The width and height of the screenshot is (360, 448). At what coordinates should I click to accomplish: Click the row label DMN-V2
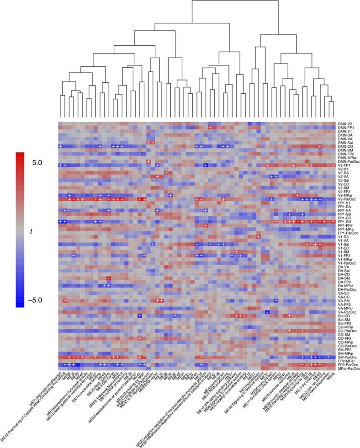345,124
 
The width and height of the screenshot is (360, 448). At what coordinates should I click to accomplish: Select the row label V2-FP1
345,165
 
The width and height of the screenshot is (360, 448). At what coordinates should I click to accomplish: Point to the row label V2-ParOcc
347,199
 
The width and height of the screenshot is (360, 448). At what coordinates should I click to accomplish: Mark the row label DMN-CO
345,146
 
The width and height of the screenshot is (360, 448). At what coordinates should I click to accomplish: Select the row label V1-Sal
344,244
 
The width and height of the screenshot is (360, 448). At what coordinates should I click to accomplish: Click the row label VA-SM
344,300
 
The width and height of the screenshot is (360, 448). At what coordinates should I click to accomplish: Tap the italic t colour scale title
31,232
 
